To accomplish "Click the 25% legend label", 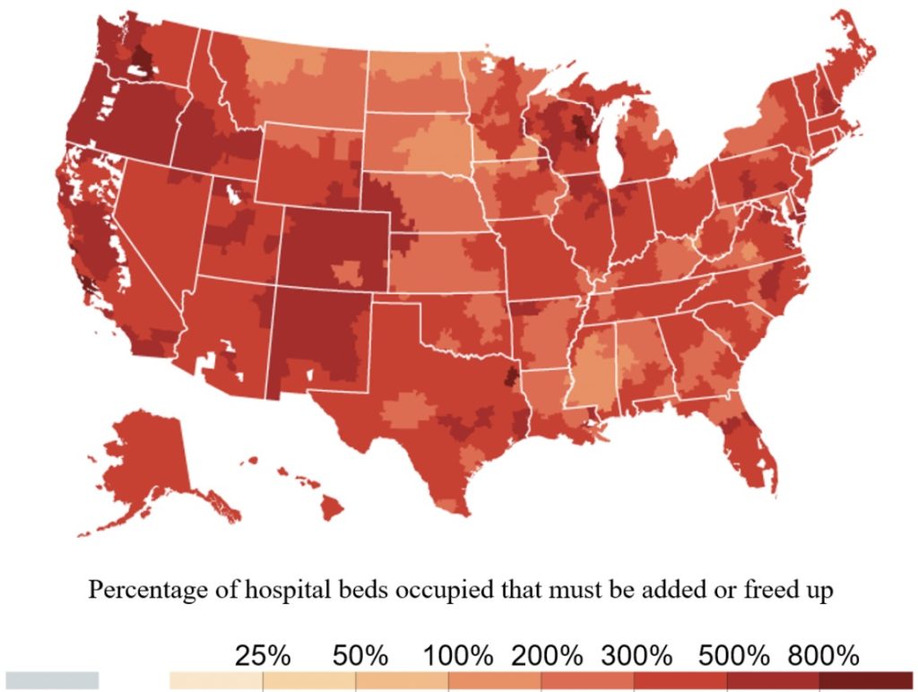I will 263,655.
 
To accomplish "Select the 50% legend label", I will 359,655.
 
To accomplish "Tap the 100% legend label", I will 458,655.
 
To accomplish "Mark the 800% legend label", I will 824,655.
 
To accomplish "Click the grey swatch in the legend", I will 52,680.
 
